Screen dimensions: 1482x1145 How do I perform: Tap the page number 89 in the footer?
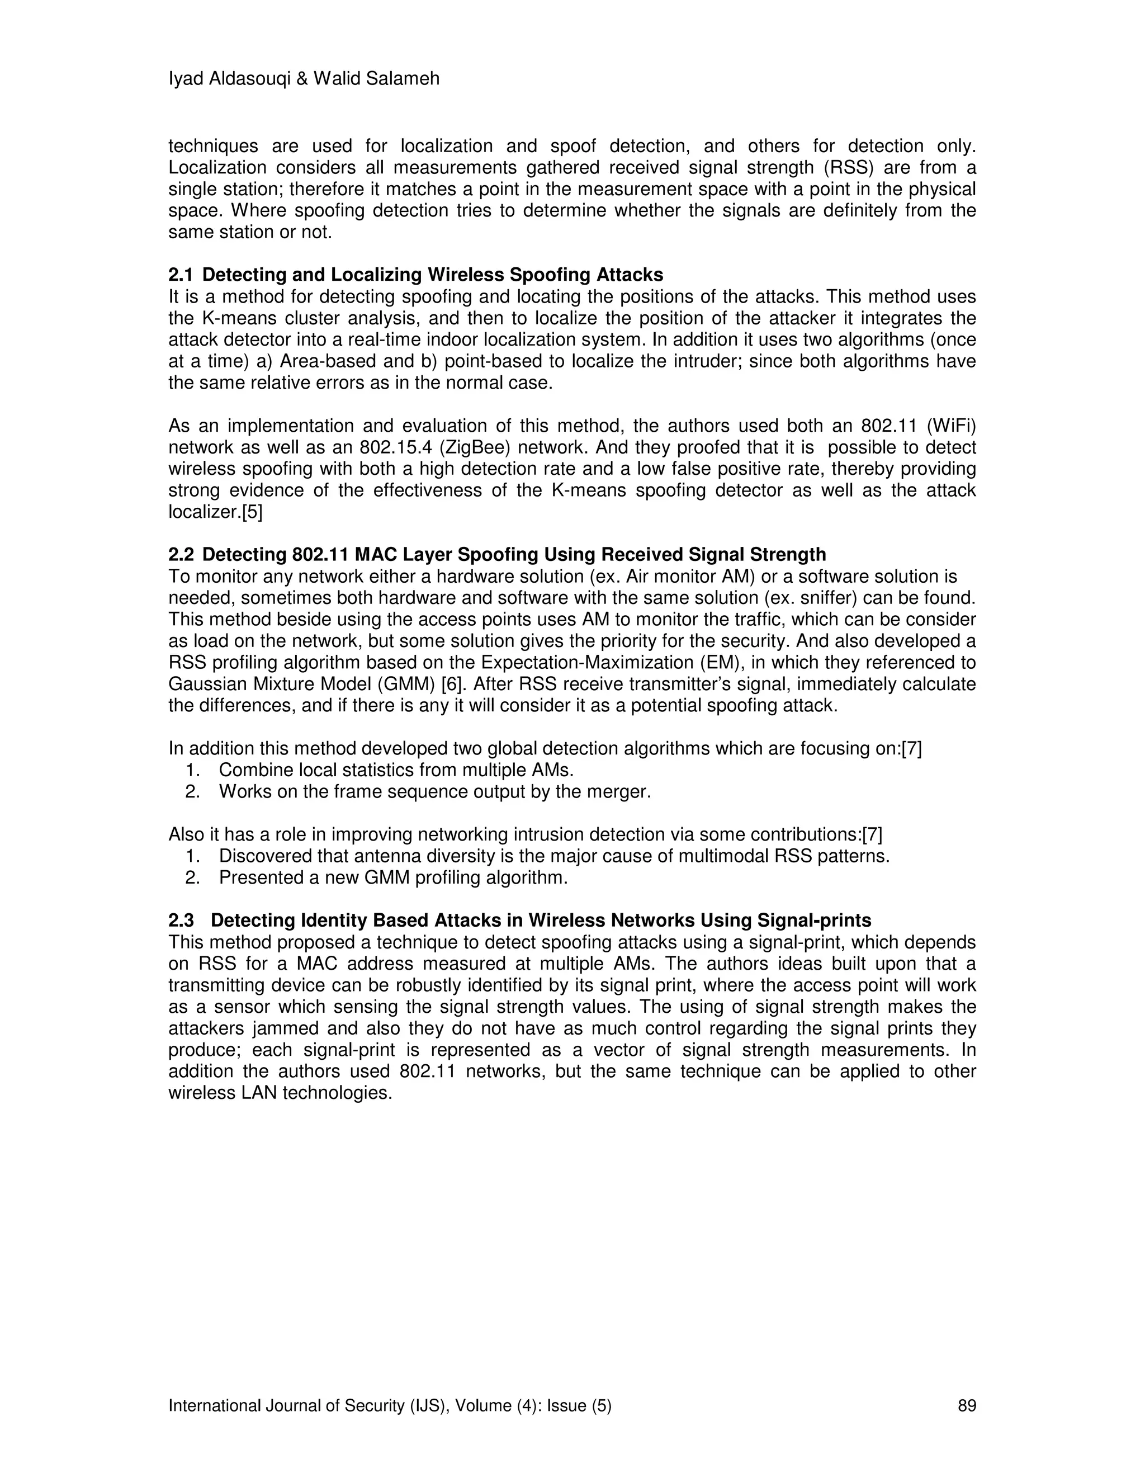click(967, 1405)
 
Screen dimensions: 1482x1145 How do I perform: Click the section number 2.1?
click(181, 275)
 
